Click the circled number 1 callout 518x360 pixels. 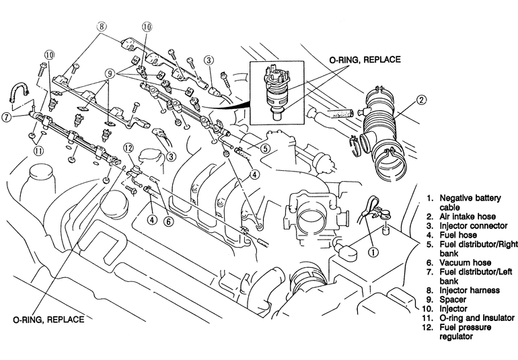pos(373,252)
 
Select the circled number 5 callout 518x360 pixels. pos(265,149)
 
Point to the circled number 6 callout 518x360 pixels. pos(168,221)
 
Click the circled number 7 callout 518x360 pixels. pos(7,117)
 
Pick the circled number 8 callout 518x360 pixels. pos(102,26)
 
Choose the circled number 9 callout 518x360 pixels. pos(110,73)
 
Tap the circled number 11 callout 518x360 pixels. pos(38,151)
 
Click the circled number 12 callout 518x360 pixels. pos(128,149)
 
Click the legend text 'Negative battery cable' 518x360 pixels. pos(470,203)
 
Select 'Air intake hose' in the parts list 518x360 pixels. pos(468,217)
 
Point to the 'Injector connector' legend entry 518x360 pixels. pos(473,226)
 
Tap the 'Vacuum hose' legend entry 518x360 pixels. pos(465,262)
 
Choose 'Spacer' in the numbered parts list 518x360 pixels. pos(453,299)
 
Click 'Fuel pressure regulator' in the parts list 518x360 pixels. pos(465,332)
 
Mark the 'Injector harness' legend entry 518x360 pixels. pos(470,290)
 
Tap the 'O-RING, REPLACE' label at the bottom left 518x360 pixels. pos(48,320)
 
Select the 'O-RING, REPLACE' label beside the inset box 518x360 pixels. pos(365,59)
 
